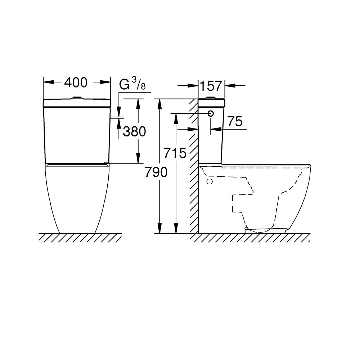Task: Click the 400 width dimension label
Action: click(76, 83)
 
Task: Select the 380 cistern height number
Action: click(134, 131)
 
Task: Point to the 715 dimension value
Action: click(175, 153)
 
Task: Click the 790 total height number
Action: click(156, 172)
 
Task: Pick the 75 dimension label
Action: click(235, 121)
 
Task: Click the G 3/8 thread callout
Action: click(132, 84)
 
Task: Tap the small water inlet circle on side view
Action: click(211, 113)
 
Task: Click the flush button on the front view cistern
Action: click(77, 98)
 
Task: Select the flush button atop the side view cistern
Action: click(210, 98)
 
